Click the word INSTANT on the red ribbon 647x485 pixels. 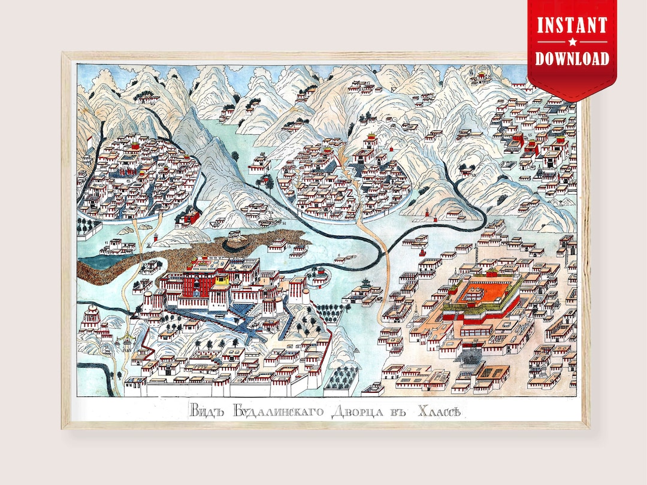click(x=572, y=26)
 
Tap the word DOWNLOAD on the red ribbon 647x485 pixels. click(x=572, y=58)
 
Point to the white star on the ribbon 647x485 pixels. click(x=572, y=42)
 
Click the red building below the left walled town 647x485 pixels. click(x=189, y=217)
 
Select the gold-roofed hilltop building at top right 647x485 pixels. click(x=479, y=76)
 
